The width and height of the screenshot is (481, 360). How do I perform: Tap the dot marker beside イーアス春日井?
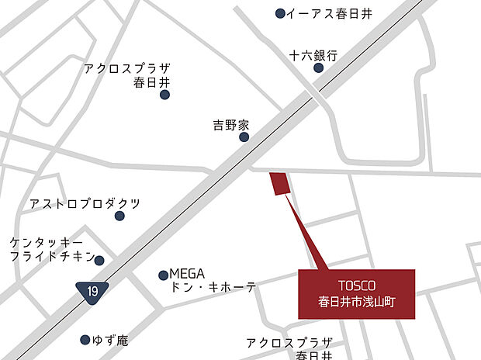coord(281,13)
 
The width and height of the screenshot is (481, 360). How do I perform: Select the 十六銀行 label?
coord(314,55)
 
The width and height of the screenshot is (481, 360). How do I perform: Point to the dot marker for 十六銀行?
coord(318,68)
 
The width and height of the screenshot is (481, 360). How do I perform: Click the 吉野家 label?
coord(231,124)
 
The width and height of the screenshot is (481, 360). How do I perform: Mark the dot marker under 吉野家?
coord(244,137)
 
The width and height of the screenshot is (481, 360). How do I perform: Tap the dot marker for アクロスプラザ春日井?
coord(164,95)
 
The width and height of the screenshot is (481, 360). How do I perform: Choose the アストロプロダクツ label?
coord(85,203)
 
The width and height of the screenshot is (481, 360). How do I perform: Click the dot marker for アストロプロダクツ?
coord(119,216)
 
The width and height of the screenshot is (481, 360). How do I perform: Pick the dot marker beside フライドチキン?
coord(99,260)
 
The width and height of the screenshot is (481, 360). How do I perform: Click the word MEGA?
coord(187,274)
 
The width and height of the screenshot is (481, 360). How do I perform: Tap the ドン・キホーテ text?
coord(213,288)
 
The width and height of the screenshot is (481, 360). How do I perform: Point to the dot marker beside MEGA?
coord(164,275)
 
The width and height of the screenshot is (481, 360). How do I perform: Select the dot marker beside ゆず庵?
coord(85,340)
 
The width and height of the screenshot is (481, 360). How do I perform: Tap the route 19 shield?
coord(92,291)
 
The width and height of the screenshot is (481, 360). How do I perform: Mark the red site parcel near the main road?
coord(279,185)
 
